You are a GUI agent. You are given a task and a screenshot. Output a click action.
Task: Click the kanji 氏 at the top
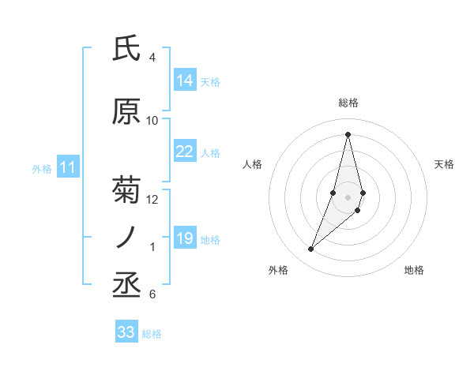tap(127, 49)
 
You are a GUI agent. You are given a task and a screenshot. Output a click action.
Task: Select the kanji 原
tap(127, 112)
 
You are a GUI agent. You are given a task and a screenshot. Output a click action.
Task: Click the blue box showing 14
tap(185, 81)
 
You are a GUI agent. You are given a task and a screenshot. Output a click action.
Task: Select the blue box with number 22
tap(185, 152)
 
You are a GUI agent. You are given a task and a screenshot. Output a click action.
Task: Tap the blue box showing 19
tap(185, 238)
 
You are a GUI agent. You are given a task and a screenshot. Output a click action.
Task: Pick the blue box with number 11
tap(68, 167)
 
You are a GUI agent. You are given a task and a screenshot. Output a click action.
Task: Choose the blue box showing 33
tap(126, 332)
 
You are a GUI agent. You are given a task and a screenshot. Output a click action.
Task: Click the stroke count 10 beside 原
tap(152, 121)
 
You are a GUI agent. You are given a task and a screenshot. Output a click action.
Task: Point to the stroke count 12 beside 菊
tap(152, 200)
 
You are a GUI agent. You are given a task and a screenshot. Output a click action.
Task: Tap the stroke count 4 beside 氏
tap(152, 58)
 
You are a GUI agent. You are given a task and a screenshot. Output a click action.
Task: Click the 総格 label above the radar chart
tap(348, 103)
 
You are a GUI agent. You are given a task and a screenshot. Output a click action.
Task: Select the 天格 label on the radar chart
tap(445, 164)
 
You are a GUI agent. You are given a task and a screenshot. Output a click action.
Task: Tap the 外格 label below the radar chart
tap(278, 270)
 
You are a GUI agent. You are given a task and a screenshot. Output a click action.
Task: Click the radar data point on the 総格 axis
tap(348, 134)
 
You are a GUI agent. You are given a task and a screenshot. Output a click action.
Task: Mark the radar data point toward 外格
tap(311, 249)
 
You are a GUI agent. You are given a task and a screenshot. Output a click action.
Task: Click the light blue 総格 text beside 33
tap(152, 334)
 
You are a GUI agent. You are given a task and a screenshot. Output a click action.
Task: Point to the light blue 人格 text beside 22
tap(210, 152)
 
